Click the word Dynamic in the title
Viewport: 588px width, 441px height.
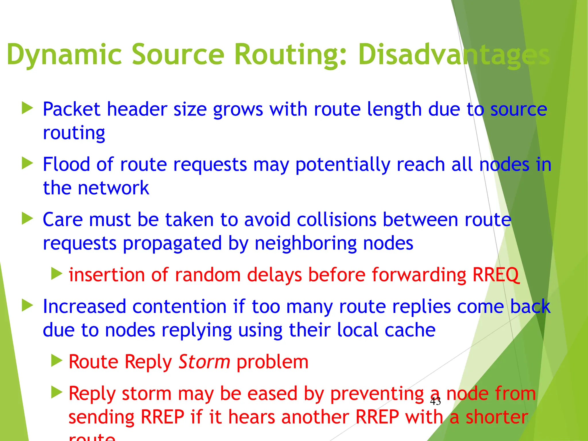tap(65, 55)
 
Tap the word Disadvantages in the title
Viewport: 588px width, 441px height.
tap(454, 55)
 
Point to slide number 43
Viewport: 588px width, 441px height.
tap(435, 401)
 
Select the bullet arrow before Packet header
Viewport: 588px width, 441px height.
tap(28, 108)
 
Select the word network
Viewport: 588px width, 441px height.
tap(113, 188)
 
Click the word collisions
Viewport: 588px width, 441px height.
tap(336, 220)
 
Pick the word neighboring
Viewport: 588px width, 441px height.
tap(305, 243)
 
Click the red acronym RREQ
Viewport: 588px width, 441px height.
tap(496, 275)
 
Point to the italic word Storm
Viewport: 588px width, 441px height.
tap(204, 362)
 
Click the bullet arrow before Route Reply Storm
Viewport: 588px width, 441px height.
tap(57, 361)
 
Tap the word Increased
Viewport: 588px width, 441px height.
tap(84, 306)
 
